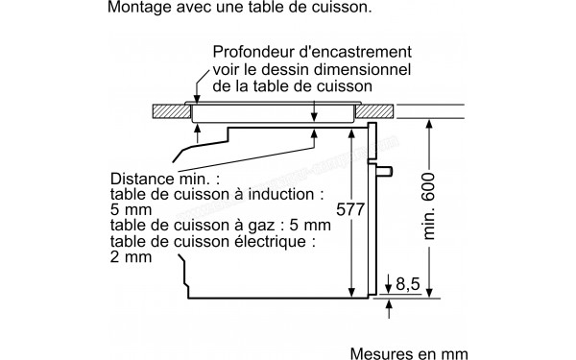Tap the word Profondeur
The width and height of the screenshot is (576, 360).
pyautogui.click(x=250, y=51)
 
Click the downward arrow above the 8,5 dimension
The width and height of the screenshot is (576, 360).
pyautogui.click(x=390, y=280)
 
